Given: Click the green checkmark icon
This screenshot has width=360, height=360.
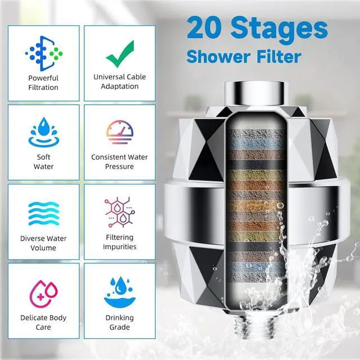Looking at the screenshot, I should pyautogui.click(x=119, y=53).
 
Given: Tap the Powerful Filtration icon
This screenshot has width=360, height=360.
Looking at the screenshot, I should pyautogui.click(x=43, y=53).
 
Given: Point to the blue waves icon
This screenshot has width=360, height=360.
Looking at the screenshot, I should pyautogui.click(x=43, y=213).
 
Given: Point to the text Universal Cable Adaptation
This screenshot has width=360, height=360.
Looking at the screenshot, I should pyautogui.click(x=119, y=82).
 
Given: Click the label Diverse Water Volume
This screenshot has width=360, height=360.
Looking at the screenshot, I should pyautogui.click(x=43, y=243).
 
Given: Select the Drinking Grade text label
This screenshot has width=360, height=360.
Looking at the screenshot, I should pyautogui.click(x=119, y=322).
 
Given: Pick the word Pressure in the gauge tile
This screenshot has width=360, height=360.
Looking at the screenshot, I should pyautogui.click(x=119, y=166).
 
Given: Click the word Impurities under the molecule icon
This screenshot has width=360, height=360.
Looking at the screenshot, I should pyautogui.click(x=119, y=246).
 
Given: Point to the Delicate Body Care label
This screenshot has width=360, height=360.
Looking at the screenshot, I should pyautogui.click(x=43, y=322).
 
